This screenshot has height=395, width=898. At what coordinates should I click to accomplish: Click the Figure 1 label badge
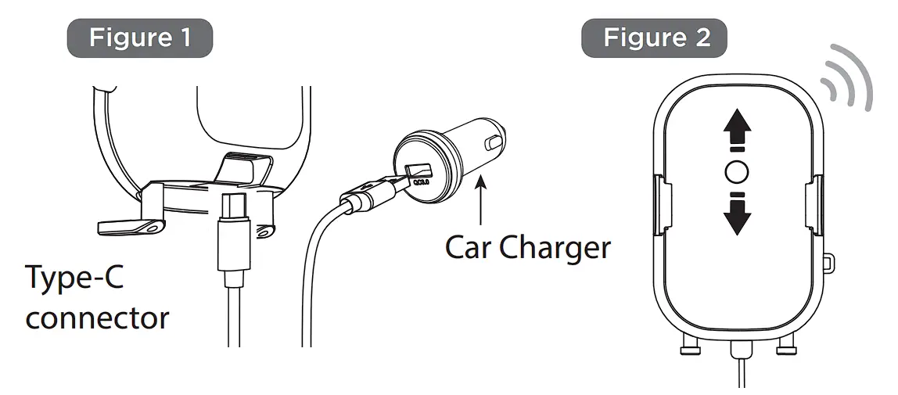(x=140, y=38)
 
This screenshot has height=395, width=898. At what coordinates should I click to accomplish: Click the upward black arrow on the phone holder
(x=737, y=131)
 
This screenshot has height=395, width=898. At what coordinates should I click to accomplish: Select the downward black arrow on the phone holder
(x=737, y=214)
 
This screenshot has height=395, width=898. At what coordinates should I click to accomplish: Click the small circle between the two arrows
(x=737, y=172)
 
